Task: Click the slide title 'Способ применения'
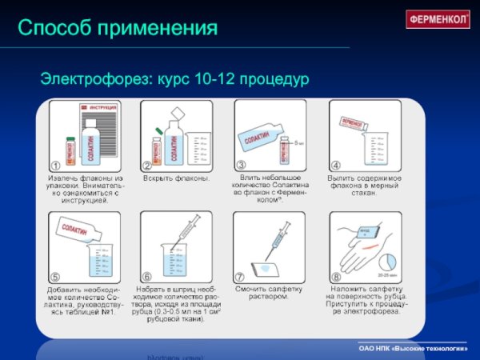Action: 118,29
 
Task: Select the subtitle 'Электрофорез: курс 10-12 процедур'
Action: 174,80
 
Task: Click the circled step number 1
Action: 55,166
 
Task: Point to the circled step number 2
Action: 147,166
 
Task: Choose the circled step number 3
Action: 240,165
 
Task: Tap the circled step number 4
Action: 336,166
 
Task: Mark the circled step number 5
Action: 54,278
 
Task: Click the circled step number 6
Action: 147,278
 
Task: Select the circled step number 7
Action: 240,278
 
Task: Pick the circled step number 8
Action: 336,278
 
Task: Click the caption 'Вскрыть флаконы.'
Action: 176,178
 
